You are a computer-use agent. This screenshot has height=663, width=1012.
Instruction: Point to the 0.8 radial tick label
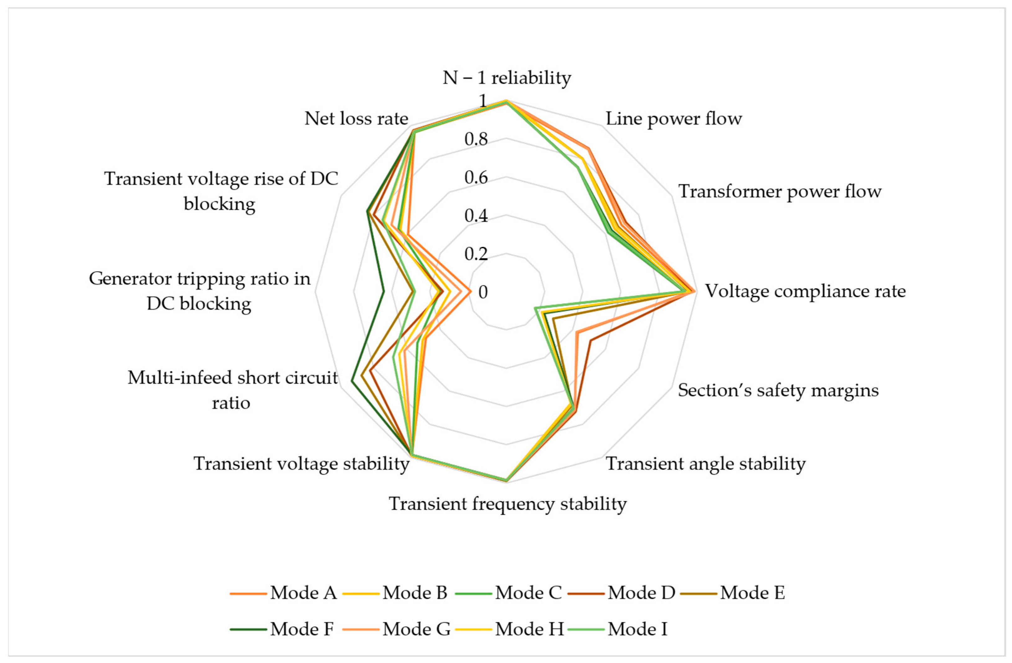(476, 139)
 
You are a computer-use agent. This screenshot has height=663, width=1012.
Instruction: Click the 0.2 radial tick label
(476, 254)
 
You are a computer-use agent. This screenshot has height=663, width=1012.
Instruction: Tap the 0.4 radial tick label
(476, 216)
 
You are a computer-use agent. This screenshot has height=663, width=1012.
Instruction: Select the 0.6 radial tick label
(476, 177)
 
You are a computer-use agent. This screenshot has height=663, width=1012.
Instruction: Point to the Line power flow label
(674, 119)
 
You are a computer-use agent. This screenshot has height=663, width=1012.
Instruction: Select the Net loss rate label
(356, 119)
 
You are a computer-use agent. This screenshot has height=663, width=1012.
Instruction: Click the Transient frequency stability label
(508, 504)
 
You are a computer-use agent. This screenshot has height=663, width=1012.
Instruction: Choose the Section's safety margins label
(778, 390)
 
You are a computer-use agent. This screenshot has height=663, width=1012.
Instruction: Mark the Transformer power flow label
(779, 191)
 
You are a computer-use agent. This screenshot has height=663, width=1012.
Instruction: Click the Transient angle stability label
(706, 463)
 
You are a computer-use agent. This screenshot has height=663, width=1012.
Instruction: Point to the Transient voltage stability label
(301, 463)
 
